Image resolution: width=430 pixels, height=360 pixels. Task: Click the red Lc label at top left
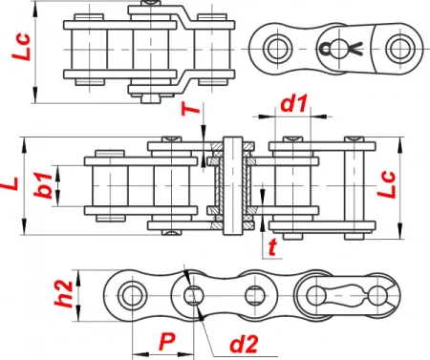(x=21, y=47)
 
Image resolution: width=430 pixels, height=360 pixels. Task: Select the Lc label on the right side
(x=386, y=185)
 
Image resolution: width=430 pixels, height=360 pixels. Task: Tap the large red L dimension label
(x=11, y=183)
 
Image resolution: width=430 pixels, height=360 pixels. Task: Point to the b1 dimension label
(x=43, y=185)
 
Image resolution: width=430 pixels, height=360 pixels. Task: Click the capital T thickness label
(x=190, y=109)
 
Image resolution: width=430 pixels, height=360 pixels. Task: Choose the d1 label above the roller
(x=293, y=103)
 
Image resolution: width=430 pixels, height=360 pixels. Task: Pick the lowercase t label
(x=272, y=247)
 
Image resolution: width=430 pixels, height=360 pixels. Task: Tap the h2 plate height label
(x=64, y=293)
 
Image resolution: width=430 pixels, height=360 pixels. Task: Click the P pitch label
(x=167, y=342)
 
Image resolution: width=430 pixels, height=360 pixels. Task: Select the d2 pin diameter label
(x=244, y=344)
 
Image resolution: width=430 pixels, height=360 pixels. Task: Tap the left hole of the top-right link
(x=278, y=49)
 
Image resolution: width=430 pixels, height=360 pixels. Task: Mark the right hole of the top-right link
(x=400, y=49)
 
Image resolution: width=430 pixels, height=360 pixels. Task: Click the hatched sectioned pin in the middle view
(x=232, y=185)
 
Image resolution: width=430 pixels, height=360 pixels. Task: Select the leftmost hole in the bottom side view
(x=132, y=296)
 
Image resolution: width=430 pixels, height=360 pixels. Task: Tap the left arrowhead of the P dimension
(x=141, y=354)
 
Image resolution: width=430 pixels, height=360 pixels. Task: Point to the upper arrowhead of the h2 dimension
(x=78, y=279)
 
